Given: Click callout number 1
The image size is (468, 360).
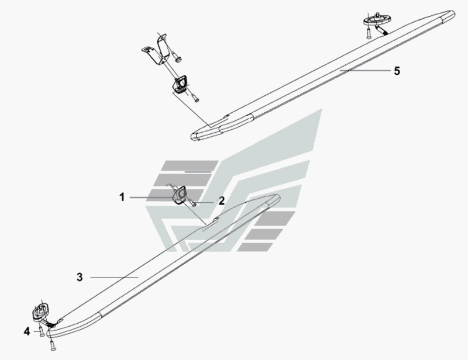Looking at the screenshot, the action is coord(122,198).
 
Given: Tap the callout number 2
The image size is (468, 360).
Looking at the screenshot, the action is coord(222,201).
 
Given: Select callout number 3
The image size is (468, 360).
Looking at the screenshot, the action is coord(80,277).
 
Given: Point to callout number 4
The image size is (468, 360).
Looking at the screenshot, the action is coord(27,331).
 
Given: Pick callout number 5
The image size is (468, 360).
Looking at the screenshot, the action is coord(397,71).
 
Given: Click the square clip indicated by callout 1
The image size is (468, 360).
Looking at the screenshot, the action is coord(179,195).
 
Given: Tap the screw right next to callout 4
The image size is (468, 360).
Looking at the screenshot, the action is coord(41,330).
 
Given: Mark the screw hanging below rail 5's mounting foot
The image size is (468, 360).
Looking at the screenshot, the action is coord(369,33).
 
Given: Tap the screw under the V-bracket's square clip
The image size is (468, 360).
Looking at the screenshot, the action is coord(195,98).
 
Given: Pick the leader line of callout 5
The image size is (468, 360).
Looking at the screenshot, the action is coord(369,71).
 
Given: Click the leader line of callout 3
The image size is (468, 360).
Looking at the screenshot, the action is coord(114,278).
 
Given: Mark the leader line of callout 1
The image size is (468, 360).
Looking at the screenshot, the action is coord(152,198).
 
